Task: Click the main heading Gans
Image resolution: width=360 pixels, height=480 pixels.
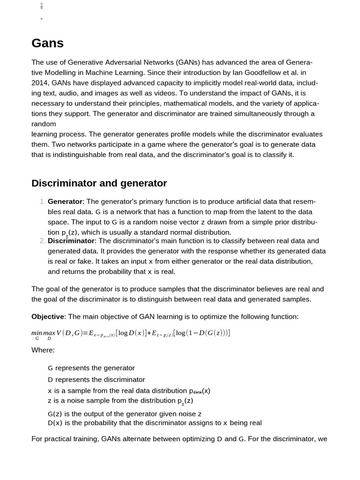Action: pyautogui.click(x=47, y=44)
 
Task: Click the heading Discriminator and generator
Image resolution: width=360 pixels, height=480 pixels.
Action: pyautogui.click(x=99, y=183)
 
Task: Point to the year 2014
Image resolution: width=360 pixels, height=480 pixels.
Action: pyautogui.click(x=39, y=83)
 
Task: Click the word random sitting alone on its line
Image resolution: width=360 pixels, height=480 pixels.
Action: pyautogui.click(x=44, y=124)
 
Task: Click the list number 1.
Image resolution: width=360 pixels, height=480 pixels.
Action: pyautogui.click(x=42, y=202)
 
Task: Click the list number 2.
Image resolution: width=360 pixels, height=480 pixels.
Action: pyautogui.click(x=42, y=241)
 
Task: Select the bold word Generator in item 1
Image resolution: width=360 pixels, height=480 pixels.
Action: pyautogui.click(x=65, y=202)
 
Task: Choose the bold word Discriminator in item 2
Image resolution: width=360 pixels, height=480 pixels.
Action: pyautogui.click(x=71, y=241)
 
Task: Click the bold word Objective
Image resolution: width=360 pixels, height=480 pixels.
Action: pyautogui.click(x=47, y=317)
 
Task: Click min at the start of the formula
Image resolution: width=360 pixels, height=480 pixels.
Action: pyautogui.click(x=37, y=333)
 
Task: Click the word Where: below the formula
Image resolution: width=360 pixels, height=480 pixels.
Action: pyautogui.click(x=43, y=350)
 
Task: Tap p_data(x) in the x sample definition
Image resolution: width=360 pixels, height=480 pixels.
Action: pyautogui.click(x=200, y=391)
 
